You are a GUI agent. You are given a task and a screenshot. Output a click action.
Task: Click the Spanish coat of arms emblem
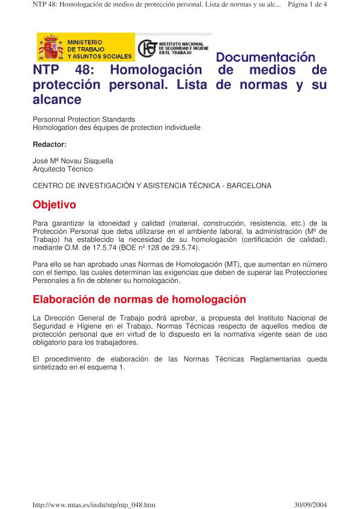(x=51, y=48)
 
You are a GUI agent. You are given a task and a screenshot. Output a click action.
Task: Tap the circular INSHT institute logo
(x=147, y=48)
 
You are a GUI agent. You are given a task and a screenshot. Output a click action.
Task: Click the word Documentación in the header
(x=266, y=58)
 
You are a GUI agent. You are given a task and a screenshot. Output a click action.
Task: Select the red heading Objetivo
(x=54, y=205)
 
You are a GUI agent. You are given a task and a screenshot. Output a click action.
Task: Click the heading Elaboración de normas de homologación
(x=139, y=299)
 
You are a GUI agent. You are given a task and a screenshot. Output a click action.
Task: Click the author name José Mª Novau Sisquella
(x=73, y=161)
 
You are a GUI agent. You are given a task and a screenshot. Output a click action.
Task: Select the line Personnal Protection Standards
(x=83, y=120)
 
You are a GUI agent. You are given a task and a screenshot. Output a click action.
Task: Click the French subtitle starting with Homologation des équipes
(x=116, y=128)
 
